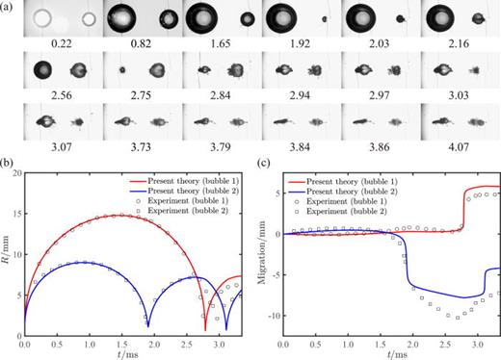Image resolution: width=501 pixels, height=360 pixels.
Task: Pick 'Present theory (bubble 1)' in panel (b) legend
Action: (x=198, y=180)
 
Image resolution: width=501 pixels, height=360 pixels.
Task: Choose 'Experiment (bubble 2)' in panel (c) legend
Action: (x=452, y=213)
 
